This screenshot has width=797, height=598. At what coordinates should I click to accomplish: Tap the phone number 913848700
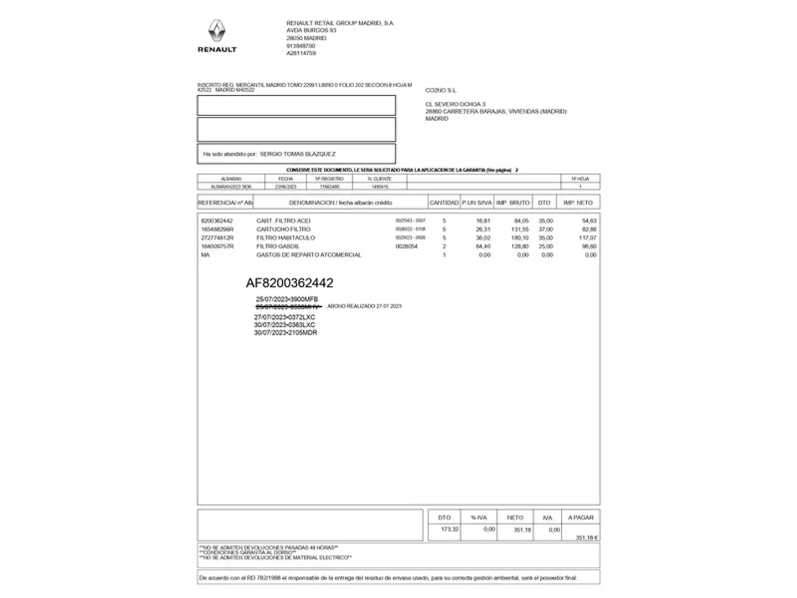coord(301,46)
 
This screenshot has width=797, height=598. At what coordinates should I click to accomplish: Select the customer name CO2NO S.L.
coord(441,90)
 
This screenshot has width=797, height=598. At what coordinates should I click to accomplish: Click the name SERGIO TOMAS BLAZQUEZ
coord(297,154)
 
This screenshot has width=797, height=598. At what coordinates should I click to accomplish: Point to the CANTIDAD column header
coord(444,203)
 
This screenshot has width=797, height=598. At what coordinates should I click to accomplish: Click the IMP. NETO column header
coord(578,203)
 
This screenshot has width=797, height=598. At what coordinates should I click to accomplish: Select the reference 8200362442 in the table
coord(217,221)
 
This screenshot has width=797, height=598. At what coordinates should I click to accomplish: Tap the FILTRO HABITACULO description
coord(286,238)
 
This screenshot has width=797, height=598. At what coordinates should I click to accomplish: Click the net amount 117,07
coord(587,238)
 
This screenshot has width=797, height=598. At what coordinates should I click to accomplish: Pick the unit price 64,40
coord(483,246)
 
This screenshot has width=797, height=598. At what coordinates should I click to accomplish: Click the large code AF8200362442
coord(289,283)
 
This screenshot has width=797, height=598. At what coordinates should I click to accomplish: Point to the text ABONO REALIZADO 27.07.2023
coord(364,306)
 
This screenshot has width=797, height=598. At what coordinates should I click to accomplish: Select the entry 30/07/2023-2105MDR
coord(286,333)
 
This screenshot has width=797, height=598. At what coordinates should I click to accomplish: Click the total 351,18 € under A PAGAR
coord(586,538)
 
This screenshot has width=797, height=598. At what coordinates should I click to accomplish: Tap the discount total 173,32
coord(449,529)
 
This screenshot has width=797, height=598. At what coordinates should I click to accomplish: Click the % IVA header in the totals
coord(479,518)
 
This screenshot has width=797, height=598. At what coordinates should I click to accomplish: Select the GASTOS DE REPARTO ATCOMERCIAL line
coord(308,255)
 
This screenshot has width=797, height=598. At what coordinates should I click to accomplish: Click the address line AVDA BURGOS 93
coord(311,30)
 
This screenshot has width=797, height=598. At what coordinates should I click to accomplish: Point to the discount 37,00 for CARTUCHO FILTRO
coord(545,229)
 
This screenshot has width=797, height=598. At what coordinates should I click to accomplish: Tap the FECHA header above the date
coord(286,179)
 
